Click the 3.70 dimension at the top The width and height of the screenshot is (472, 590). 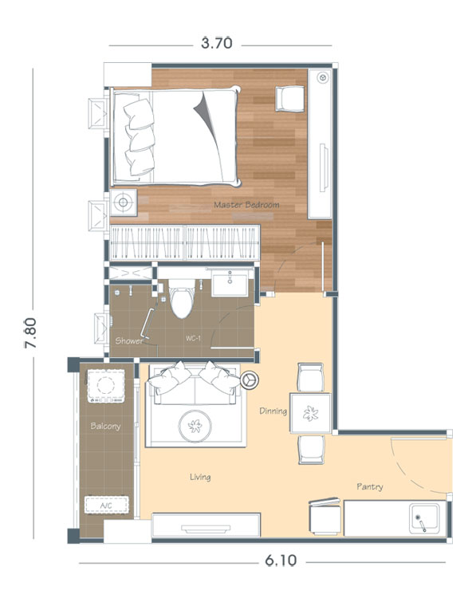coord(216,43)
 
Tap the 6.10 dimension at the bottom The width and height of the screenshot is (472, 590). coord(281,560)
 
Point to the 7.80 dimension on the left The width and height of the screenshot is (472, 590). coord(30,333)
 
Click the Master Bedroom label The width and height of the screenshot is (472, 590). coord(246,205)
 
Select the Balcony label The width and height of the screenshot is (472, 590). coord(105,426)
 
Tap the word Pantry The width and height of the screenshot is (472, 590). coord(370,487)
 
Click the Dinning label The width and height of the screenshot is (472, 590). coord(273,411)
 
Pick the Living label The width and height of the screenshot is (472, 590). coord(200,477)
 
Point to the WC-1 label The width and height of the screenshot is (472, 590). coord(193,338)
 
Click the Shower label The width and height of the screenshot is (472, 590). coord(129,341)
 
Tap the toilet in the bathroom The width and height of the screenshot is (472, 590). coord(182,298)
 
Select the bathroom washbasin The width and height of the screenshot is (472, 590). coord(230,284)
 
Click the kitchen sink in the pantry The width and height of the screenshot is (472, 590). coord(424,518)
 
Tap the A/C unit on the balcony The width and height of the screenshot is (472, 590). coord(107,505)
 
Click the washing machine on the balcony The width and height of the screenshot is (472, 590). coord(106,386)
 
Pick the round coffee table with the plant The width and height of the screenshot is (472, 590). coord(195,426)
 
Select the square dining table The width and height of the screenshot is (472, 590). coord(310,413)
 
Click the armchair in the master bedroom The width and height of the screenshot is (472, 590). coord(290,99)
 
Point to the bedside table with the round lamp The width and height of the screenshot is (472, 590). coord(123,203)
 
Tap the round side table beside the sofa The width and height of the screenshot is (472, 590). coord(250,380)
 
